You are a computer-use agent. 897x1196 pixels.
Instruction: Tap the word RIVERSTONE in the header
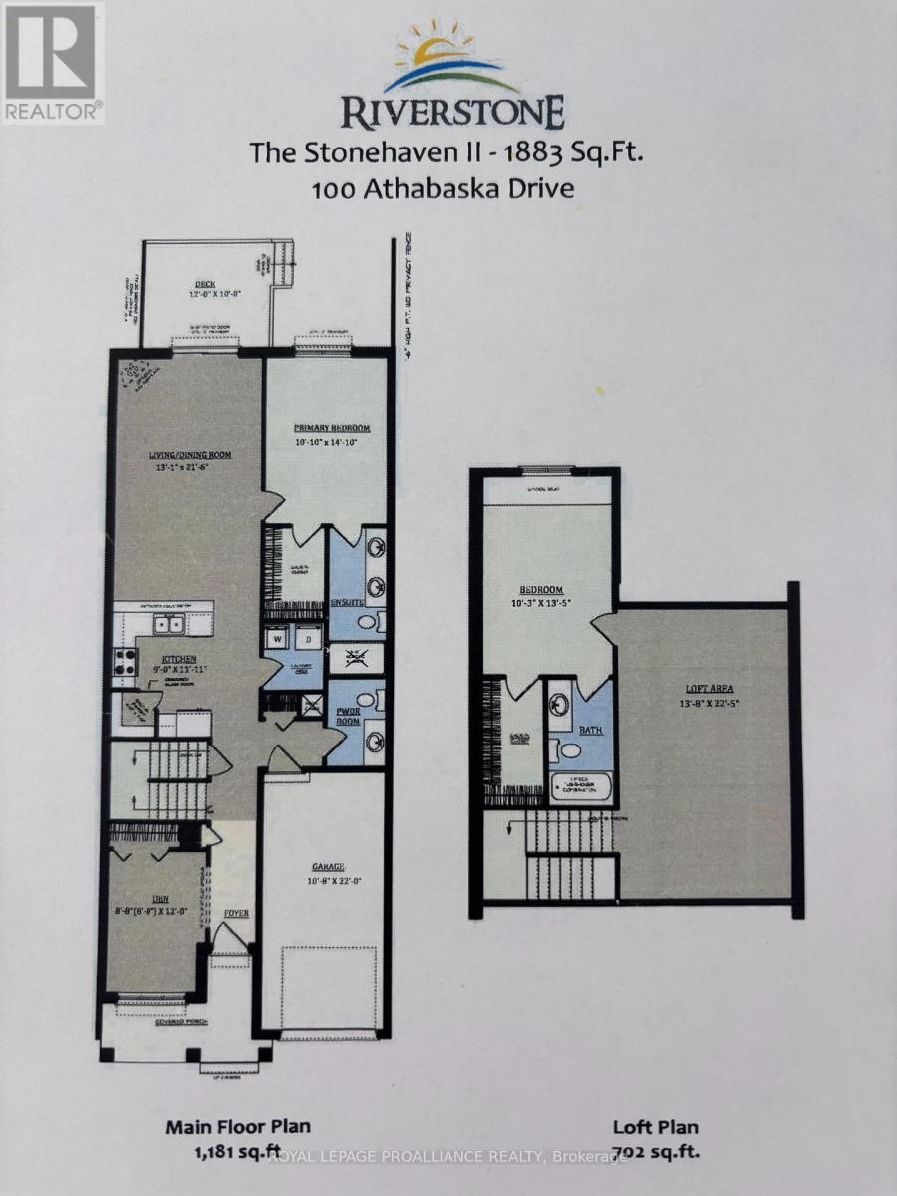[x=452, y=111]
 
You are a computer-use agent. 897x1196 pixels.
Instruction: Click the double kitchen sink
[x=166, y=626]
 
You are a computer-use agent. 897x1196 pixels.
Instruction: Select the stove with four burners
[x=126, y=663]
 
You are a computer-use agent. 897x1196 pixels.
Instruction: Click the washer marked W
[x=277, y=638]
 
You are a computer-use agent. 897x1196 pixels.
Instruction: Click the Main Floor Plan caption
[x=238, y=1127]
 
